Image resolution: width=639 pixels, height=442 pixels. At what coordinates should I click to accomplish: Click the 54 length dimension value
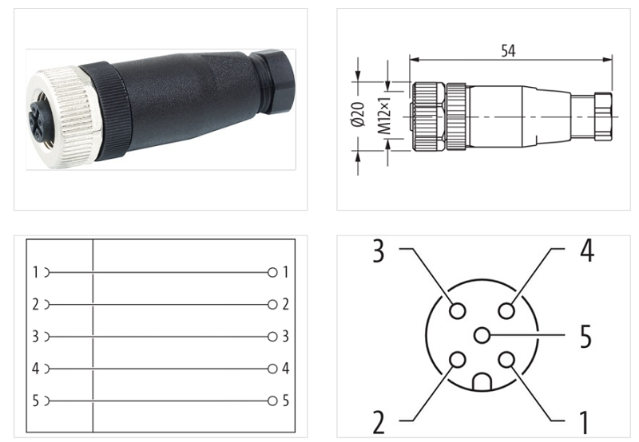tap(508, 50)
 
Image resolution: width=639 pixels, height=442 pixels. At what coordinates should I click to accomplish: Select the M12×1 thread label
tap(383, 116)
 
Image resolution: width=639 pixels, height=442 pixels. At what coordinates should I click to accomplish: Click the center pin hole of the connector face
tap(482, 336)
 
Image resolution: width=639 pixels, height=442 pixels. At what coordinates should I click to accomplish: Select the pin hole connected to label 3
tap(457, 310)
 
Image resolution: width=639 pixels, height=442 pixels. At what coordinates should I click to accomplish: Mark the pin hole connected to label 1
tap(506, 361)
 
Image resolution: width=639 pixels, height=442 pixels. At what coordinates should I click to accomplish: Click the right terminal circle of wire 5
tap(273, 401)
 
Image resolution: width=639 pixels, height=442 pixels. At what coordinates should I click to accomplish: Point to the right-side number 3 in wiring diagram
tap(285, 337)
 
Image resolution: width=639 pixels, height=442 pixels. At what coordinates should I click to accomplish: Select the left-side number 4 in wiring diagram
tap(35, 369)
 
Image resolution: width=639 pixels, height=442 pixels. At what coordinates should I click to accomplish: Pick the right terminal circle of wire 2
tap(273, 305)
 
